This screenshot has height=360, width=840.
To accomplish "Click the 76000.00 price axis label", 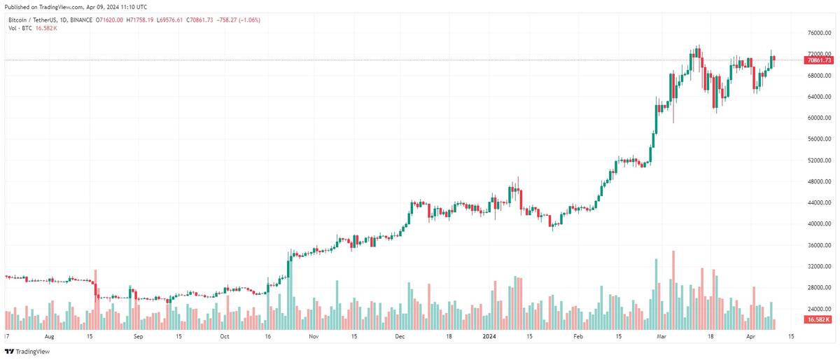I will [818, 33].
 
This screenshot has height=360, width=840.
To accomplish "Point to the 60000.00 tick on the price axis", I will [818, 118].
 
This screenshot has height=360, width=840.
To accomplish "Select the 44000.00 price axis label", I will [818, 202].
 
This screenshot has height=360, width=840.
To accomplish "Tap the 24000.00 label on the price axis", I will [818, 309].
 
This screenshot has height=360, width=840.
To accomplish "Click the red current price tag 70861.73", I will [819, 60].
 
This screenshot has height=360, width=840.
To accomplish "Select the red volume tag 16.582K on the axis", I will [818, 319].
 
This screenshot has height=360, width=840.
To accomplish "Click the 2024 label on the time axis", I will [490, 336].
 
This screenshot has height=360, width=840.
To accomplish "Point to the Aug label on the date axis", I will [48, 336].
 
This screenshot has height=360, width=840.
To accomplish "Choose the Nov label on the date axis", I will [313, 336].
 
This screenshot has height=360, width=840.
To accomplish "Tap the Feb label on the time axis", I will [578, 336].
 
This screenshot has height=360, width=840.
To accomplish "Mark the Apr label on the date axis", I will [750, 336].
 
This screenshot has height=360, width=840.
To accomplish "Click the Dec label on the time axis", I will [401, 336].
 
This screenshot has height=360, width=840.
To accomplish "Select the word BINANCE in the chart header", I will [82, 20].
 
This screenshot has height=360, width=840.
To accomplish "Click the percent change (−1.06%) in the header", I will [248, 20].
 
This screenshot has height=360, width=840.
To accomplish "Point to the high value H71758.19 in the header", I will [140, 20].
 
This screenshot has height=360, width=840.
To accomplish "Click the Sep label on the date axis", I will [138, 336].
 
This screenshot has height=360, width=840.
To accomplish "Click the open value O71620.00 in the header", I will [108, 20].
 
